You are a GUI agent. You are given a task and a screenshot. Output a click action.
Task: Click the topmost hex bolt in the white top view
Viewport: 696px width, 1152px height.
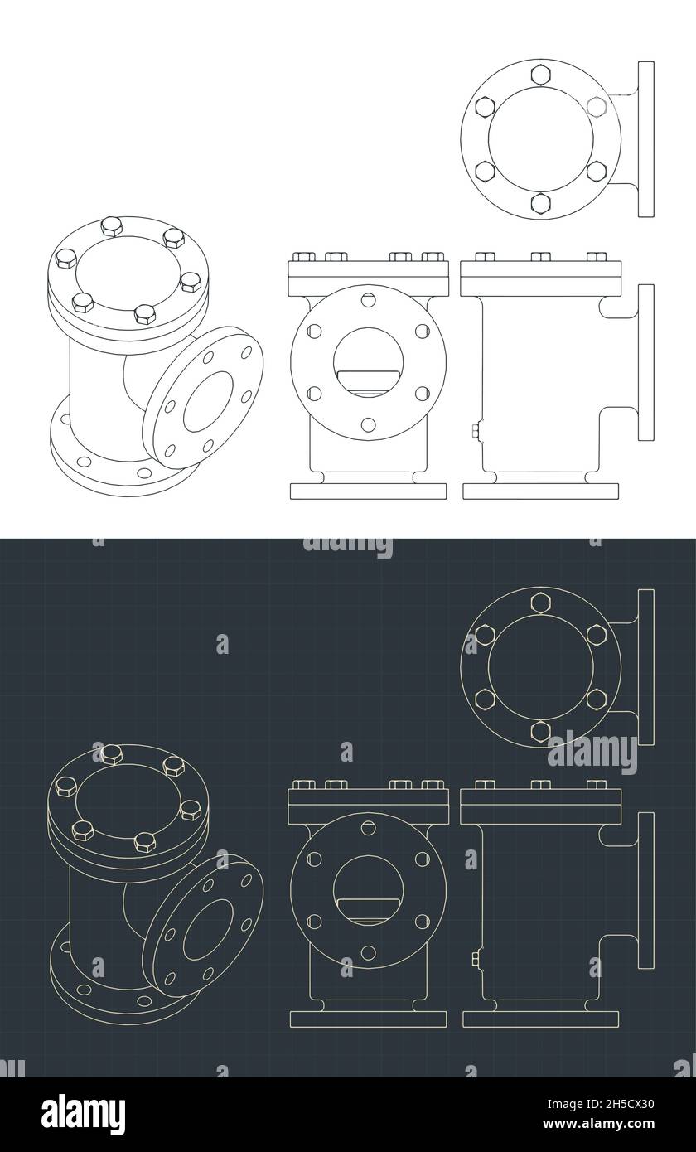(x=540, y=74)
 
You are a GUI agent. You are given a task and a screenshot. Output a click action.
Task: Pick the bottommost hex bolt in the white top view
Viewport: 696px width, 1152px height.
(x=540, y=202)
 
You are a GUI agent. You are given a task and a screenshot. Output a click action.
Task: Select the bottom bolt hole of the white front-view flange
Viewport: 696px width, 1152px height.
(x=368, y=425)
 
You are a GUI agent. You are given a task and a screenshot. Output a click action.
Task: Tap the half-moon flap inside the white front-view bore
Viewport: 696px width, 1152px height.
(x=368, y=380)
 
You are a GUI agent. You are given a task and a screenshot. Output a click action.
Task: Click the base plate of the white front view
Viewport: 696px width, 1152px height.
(x=368, y=491)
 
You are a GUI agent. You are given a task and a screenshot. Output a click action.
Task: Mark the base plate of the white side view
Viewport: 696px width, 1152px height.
(x=540, y=491)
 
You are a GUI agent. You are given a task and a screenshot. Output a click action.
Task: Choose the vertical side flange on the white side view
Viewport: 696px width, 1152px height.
(x=645, y=361)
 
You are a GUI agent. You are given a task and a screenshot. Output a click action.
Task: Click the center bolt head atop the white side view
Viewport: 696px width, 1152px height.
(x=540, y=257)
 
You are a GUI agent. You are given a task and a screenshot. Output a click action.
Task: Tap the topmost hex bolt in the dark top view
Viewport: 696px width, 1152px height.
(x=540, y=602)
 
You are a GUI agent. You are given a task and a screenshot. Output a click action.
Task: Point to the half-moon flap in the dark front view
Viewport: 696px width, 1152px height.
(x=368, y=908)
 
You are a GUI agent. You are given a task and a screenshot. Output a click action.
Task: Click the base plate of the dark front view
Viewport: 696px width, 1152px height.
(x=368, y=1019)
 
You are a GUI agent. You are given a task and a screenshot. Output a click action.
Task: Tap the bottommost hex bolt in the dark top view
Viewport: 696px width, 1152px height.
(x=540, y=730)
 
